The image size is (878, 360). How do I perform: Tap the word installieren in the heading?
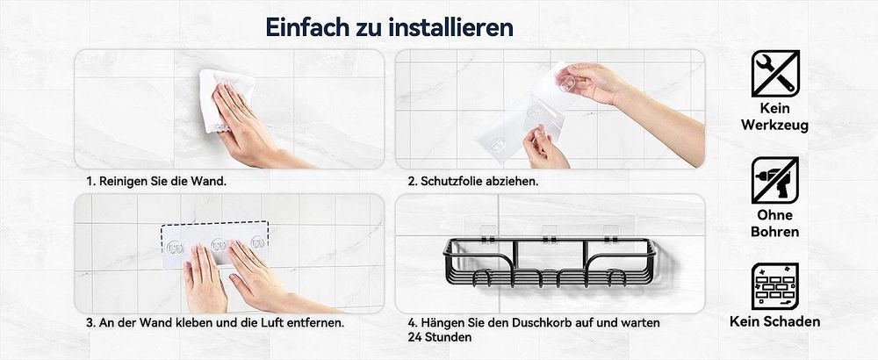[x=450, y=27]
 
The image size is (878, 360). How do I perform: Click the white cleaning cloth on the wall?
[x=224, y=98]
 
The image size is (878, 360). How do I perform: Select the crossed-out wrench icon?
[x=775, y=74]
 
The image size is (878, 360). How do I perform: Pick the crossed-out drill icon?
[x=775, y=180]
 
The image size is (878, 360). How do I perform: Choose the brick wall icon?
[x=775, y=286]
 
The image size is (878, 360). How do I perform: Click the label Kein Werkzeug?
[x=775, y=117]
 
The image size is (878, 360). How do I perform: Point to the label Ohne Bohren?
[x=775, y=223]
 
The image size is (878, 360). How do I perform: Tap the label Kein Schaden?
[x=775, y=321]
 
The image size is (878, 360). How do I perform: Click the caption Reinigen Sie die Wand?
[x=156, y=182]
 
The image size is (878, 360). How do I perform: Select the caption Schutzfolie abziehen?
[x=473, y=182]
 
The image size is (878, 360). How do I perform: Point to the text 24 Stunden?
[x=440, y=337]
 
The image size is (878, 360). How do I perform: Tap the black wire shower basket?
[x=550, y=262]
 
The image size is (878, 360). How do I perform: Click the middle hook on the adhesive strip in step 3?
[x=218, y=245]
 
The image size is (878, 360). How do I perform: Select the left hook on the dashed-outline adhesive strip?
[x=175, y=247]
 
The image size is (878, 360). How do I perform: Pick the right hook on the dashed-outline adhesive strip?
[x=257, y=242]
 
